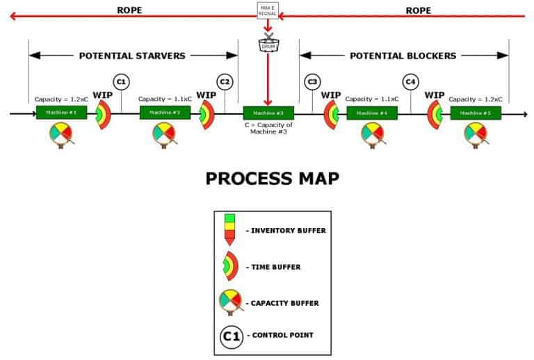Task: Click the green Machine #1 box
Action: tap(61, 113)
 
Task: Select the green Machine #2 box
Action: tap(165, 113)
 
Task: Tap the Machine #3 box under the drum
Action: tap(268, 113)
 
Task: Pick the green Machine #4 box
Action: tap(371, 113)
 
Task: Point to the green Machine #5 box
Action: tap(476, 113)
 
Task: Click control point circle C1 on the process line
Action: tap(121, 83)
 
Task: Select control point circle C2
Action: tap(224, 83)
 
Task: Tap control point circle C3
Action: tap(312, 83)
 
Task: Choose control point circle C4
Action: tap(411, 83)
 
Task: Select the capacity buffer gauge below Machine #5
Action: tap(476, 134)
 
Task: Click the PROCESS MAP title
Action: tap(273, 179)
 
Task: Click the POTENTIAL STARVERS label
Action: tap(133, 56)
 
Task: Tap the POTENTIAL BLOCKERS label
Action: tap(403, 56)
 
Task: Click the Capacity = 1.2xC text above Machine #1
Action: tap(61, 99)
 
